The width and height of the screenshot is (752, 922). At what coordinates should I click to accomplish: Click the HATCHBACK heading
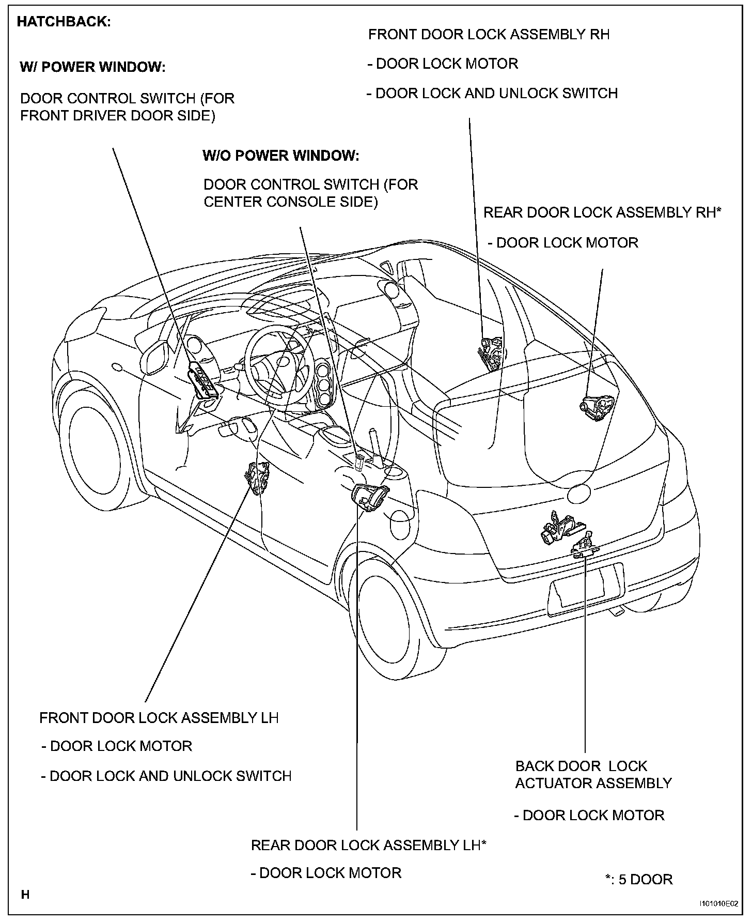point(64,22)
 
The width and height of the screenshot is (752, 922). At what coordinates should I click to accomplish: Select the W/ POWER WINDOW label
point(92,67)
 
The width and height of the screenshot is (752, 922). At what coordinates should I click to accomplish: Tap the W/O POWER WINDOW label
point(281,156)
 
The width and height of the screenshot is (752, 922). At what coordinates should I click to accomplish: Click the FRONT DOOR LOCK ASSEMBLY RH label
point(489,35)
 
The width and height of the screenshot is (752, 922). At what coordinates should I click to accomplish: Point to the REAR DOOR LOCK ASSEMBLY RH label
point(602,212)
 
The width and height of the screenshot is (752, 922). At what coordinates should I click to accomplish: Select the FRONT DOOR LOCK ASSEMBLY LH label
point(159,718)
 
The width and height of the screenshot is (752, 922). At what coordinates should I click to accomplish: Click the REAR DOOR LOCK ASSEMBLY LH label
point(369,845)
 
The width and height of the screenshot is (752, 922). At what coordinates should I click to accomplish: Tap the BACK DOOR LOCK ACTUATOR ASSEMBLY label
point(593,775)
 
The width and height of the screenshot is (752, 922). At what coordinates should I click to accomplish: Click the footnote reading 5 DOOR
point(639,879)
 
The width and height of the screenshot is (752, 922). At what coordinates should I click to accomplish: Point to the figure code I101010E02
point(718,903)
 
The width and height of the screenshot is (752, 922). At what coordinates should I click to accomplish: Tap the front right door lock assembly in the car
point(491,353)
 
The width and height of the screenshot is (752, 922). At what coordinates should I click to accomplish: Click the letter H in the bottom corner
point(25,895)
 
